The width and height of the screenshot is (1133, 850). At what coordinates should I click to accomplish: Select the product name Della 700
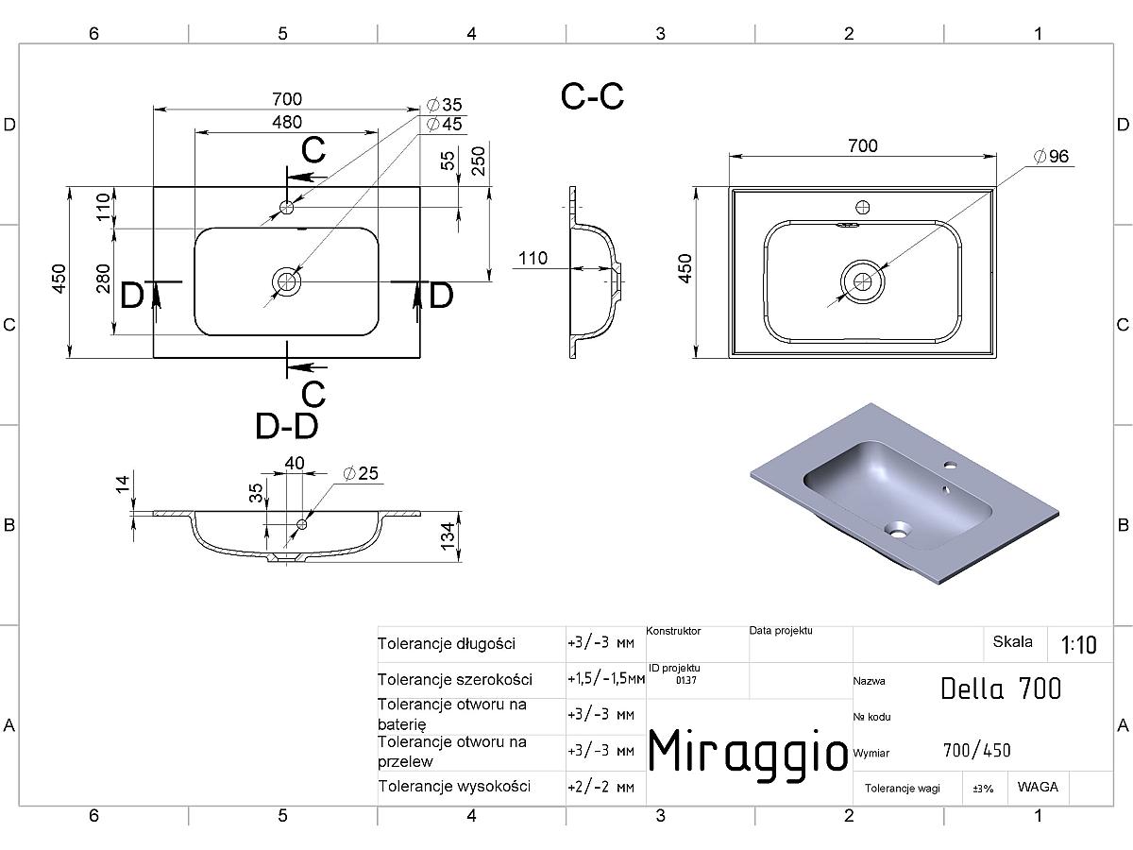click(1001, 688)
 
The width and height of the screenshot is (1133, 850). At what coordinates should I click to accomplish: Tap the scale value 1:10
click(1078, 645)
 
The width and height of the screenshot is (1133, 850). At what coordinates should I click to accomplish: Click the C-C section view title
click(592, 96)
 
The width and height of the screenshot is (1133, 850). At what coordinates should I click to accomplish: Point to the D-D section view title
click(286, 426)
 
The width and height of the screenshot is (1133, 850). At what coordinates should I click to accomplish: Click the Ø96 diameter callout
click(1051, 157)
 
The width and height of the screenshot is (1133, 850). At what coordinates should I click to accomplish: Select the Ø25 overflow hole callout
click(361, 473)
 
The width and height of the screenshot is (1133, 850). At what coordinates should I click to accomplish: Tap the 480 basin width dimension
click(287, 123)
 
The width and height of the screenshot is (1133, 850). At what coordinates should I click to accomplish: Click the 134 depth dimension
click(448, 536)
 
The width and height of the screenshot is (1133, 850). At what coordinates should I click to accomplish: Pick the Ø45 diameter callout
click(445, 125)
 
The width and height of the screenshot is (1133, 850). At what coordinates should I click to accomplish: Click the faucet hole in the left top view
click(286, 208)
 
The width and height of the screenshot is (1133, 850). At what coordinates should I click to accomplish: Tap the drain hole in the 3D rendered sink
click(897, 529)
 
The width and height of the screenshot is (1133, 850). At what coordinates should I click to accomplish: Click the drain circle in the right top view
click(862, 281)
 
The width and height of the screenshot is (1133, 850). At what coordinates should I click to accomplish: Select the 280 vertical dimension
click(104, 279)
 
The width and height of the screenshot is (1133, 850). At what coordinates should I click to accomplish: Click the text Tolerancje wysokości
click(454, 787)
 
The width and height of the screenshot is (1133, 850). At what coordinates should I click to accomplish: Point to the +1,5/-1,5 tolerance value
click(606, 679)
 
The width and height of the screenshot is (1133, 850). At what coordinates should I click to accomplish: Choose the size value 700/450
click(976, 751)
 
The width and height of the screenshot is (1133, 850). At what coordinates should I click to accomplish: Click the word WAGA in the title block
click(1038, 787)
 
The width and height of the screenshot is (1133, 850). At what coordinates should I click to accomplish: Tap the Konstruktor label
click(673, 631)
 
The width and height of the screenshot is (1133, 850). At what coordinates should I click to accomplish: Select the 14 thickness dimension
click(122, 484)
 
